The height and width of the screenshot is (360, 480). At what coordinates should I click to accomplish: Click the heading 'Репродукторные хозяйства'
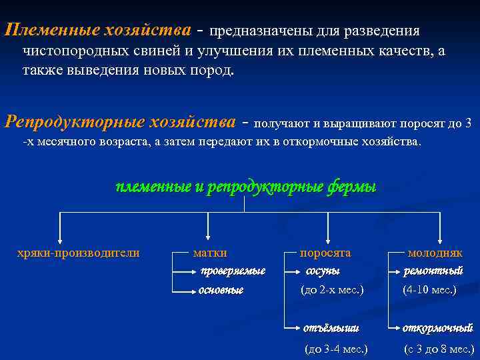(x=120, y=123)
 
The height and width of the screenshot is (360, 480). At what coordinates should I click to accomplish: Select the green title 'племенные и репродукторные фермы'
(x=246, y=187)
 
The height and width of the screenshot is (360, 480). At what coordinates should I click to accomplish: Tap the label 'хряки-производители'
(x=78, y=253)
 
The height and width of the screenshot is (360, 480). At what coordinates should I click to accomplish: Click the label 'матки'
(x=210, y=253)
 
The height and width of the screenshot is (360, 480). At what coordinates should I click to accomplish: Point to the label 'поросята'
(x=325, y=253)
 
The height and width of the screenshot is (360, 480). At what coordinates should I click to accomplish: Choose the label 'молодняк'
(x=435, y=253)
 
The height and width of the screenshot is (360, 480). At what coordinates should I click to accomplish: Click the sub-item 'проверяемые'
(x=233, y=271)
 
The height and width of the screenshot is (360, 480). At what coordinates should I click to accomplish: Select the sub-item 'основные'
(x=221, y=291)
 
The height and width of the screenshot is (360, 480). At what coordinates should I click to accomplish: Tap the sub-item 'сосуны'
(x=323, y=271)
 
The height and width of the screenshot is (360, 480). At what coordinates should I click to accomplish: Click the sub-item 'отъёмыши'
(x=331, y=328)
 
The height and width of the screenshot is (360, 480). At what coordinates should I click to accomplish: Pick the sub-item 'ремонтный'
(x=433, y=271)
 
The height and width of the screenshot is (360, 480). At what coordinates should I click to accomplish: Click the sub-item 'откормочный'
(x=438, y=328)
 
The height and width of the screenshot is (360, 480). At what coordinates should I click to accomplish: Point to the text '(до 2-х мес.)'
(x=333, y=291)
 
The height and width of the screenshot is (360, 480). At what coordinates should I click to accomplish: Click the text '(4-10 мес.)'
(x=430, y=291)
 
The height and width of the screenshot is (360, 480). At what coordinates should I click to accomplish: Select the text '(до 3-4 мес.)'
(x=336, y=349)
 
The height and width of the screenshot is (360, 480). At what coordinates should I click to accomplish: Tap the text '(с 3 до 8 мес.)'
(x=439, y=349)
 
